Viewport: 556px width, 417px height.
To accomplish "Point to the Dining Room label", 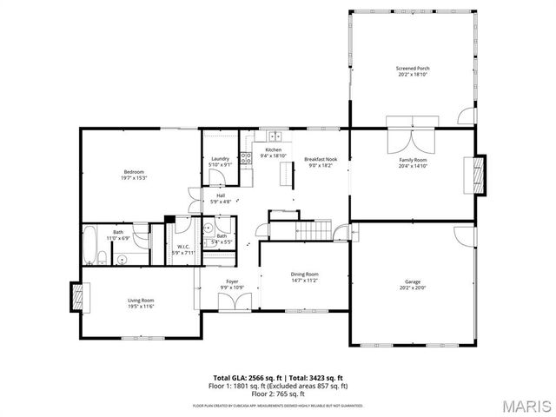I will [x=304, y=277].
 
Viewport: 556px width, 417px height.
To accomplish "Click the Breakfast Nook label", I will [x=320, y=162].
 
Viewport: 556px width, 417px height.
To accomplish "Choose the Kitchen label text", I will [x=274, y=153].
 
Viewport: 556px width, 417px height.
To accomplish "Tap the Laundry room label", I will [x=220, y=161].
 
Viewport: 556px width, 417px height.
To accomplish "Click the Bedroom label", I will [x=133, y=175].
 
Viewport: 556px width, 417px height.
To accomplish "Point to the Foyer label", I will [x=232, y=284].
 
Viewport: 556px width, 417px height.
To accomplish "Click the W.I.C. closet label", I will [x=183, y=250].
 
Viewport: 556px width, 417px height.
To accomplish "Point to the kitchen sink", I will [x=276, y=136].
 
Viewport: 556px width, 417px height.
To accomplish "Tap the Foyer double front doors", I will [x=232, y=304].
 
